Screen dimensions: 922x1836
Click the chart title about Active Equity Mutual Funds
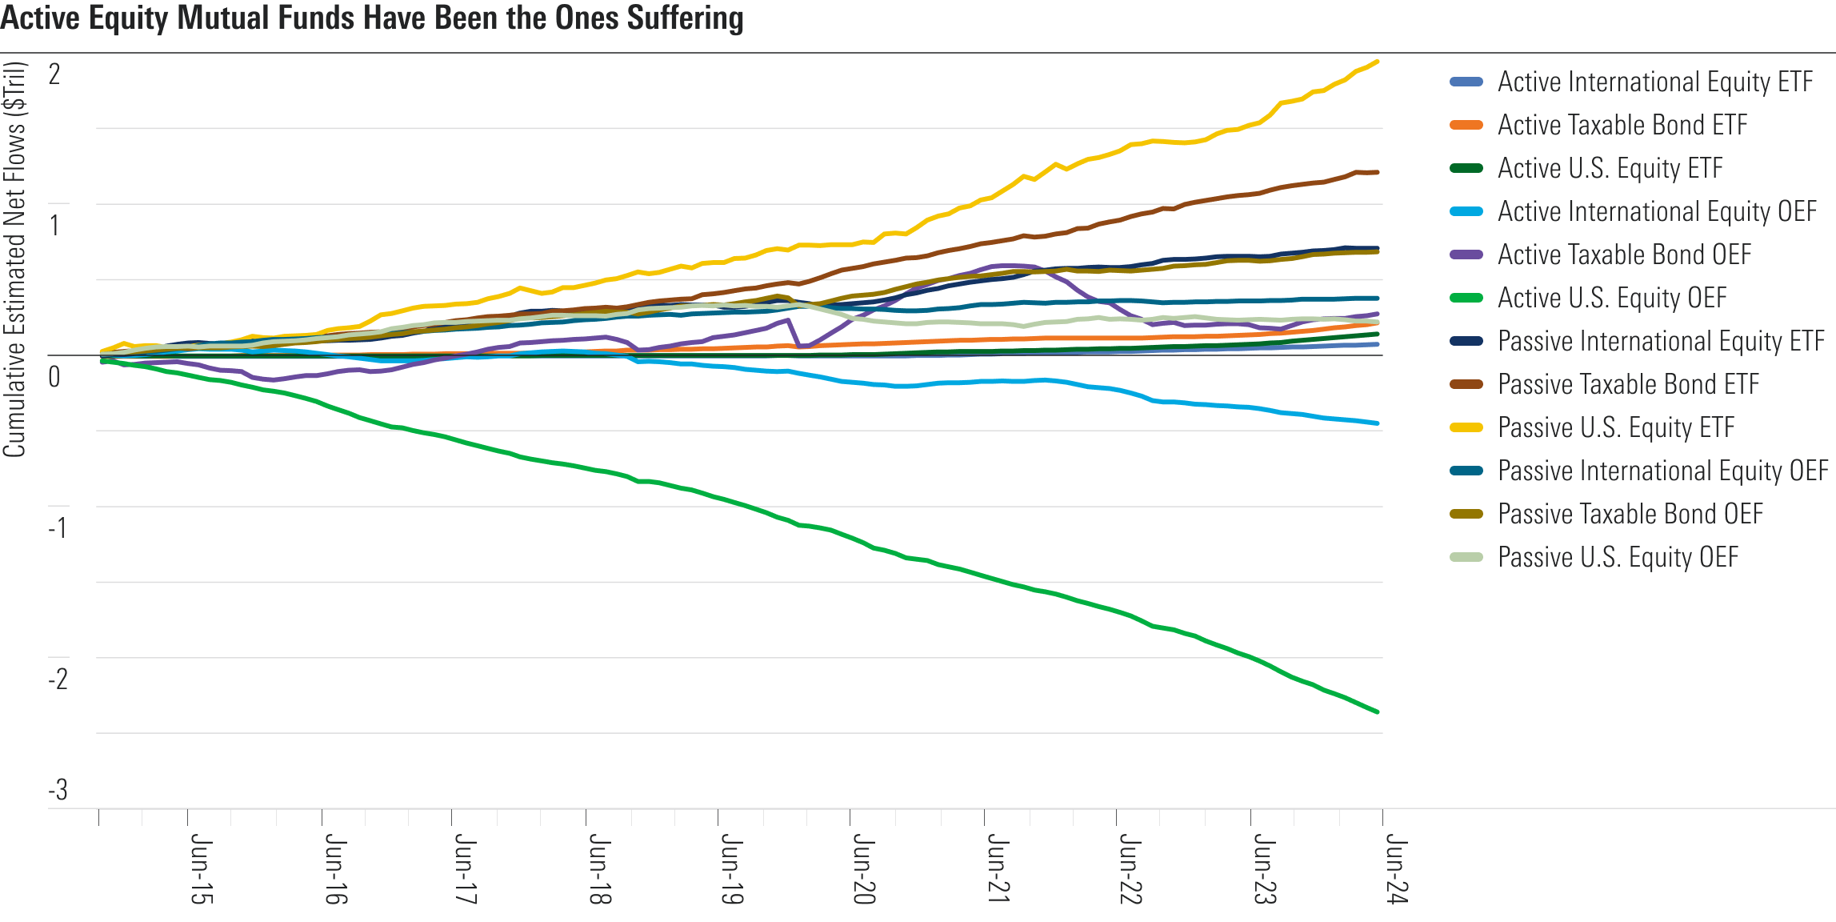pos(372,18)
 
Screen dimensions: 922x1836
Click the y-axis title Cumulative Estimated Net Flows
pos(14,259)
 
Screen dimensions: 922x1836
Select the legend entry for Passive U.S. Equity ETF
pos(1615,427)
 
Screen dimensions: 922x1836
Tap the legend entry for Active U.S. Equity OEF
pos(1611,298)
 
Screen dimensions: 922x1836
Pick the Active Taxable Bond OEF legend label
pos(1624,255)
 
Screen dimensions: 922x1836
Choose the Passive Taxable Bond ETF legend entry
pos(1628,384)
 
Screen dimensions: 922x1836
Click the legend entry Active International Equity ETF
pos(1654,82)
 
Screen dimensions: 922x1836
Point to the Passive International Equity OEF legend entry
pos(1662,471)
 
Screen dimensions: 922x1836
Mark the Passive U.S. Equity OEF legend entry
pos(1618,557)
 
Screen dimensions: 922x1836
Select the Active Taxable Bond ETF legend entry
pos(1622,125)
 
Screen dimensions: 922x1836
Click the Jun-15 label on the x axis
pos(201,869)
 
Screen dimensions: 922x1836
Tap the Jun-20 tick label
pos(863,869)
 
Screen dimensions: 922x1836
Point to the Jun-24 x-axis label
pos(1396,869)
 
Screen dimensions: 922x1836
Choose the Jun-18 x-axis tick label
pos(599,869)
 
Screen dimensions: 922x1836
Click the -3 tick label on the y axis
pos(58,790)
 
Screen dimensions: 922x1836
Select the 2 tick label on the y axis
pos(54,74)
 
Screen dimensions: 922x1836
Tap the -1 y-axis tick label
pos(58,527)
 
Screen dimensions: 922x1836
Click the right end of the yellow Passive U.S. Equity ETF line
pos(1376,62)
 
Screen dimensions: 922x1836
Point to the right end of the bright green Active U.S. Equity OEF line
pos(1377,712)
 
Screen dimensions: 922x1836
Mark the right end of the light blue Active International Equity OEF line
pos(1377,423)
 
